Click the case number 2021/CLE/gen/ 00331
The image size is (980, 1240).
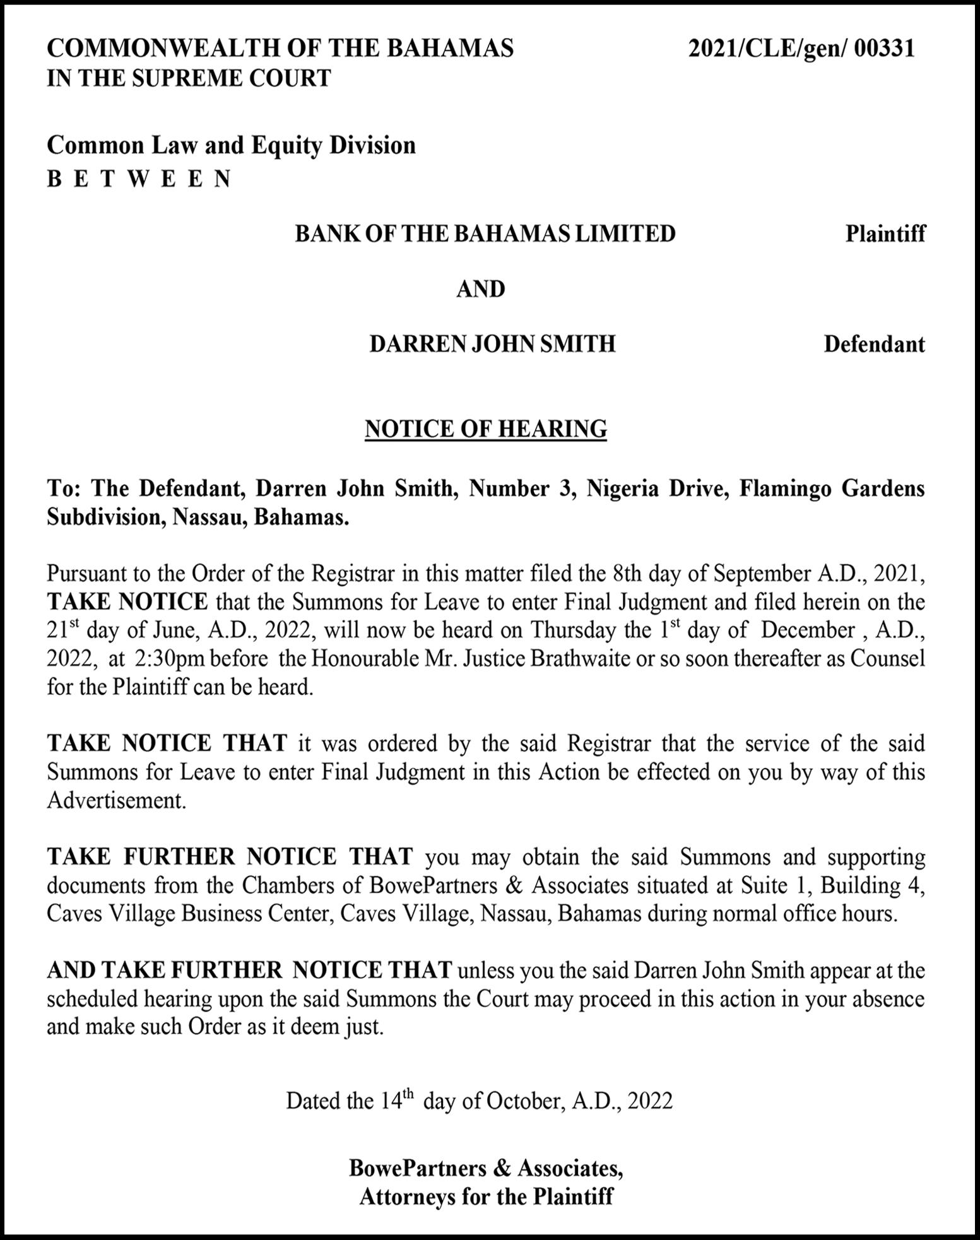[801, 49]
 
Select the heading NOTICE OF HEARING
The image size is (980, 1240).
[486, 428]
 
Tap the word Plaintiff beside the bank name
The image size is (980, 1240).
[885, 233]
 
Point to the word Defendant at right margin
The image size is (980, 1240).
[874, 345]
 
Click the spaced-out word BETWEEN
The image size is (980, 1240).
[139, 179]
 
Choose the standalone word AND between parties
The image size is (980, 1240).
[481, 289]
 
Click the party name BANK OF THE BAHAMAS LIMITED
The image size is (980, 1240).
[485, 233]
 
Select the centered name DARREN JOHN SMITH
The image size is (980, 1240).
[492, 345]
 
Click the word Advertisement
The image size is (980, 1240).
[116, 800]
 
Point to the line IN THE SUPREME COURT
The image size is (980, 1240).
[189, 78]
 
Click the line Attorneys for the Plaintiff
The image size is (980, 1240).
[486, 1196]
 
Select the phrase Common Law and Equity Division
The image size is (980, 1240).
[231, 145]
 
